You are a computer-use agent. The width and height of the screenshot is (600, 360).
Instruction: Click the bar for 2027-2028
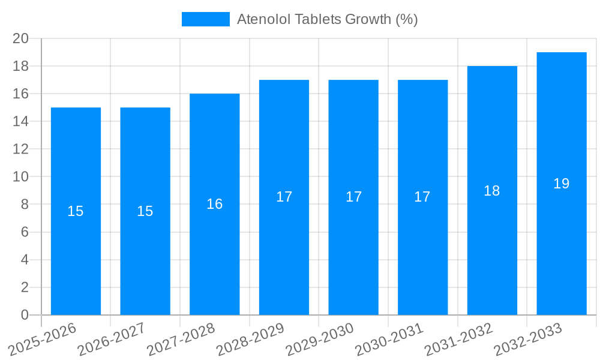click(214, 240)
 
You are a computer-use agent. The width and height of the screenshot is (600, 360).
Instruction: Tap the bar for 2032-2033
click(561, 240)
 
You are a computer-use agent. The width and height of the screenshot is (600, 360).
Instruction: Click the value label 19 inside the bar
click(561, 184)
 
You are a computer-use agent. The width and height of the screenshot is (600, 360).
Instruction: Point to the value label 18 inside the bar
click(492, 191)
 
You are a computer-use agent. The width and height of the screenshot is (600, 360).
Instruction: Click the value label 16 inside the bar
click(214, 204)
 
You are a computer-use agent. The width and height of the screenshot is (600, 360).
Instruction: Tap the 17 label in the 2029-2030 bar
click(353, 197)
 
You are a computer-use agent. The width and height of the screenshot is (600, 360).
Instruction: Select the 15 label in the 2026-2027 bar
click(145, 211)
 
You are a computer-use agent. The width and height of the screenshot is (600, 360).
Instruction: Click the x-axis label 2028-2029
click(250, 339)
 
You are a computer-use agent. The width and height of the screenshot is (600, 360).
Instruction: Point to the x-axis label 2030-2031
click(389, 339)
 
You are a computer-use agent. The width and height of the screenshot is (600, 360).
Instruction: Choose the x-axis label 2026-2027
click(112, 339)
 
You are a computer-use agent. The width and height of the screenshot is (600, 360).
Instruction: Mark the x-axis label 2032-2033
click(528, 339)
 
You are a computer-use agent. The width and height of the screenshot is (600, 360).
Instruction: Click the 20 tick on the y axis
click(21, 38)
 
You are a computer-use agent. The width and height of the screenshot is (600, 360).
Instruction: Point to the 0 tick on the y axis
click(25, 315)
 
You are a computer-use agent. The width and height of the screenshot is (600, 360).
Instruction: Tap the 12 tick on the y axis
click(21, 149)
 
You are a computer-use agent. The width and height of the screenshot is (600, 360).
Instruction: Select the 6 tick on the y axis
click(25, 232)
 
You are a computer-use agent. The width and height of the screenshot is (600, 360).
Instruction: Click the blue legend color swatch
click(205, 19)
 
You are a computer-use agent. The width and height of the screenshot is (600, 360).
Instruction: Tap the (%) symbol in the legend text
click(407, 19)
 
